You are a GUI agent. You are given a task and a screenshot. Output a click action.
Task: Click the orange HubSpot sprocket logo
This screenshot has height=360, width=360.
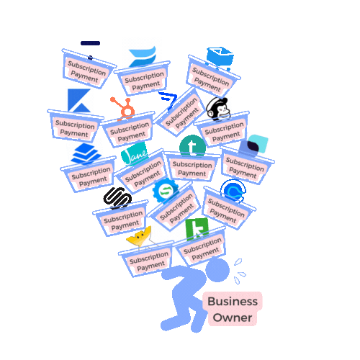click(x=123, y=108)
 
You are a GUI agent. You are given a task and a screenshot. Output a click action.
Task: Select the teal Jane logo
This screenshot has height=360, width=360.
click(x=134, y=153)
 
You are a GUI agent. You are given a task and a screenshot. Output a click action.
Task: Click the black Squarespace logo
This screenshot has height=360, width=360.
click(x=117, y=198)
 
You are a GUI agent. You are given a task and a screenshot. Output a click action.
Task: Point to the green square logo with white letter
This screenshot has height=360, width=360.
click(x=197, y=229)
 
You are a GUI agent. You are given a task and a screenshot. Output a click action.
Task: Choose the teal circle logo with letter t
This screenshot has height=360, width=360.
click(x=192, y=146)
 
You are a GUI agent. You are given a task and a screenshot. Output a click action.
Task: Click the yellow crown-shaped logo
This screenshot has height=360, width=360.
click(x=139, y=238)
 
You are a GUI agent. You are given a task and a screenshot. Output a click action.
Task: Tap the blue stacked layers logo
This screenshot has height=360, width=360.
click(x=86, y=153)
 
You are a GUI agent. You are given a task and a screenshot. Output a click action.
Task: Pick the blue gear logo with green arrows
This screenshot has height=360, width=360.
click(x=166, y=191)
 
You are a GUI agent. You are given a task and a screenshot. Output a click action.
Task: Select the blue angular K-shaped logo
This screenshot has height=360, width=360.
click(x=79, y=100)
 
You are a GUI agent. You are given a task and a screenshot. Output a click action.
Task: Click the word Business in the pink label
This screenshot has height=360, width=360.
click(x=233, y=302)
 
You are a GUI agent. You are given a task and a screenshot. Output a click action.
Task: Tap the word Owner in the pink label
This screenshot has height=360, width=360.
click(x=233, y=318)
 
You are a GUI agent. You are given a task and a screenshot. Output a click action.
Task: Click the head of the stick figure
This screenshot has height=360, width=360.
click(x=217, y=270)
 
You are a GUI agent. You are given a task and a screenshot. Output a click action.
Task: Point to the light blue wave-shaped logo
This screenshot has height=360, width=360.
click(x=142, y=57)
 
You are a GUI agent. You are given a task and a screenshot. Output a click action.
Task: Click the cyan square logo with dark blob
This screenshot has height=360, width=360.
click(x=254, y=145)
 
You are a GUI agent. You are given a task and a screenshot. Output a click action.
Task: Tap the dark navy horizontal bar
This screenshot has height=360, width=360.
click(x=90, y=43)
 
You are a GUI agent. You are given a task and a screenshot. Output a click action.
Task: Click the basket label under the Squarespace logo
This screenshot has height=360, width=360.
click(x=123, y=220)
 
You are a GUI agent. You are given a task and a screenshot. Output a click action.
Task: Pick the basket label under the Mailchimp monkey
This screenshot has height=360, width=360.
click(x=224, y=132)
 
